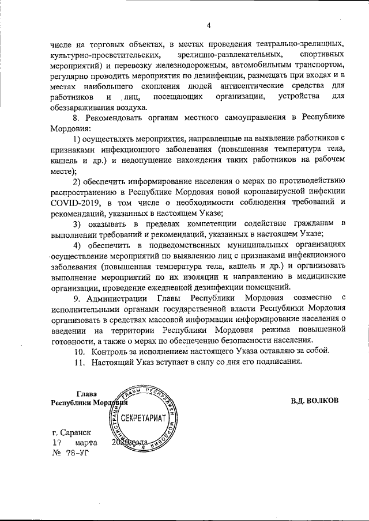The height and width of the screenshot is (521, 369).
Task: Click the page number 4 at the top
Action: pos(209,25)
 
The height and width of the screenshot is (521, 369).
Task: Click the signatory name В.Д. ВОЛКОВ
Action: pos(315,400)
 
